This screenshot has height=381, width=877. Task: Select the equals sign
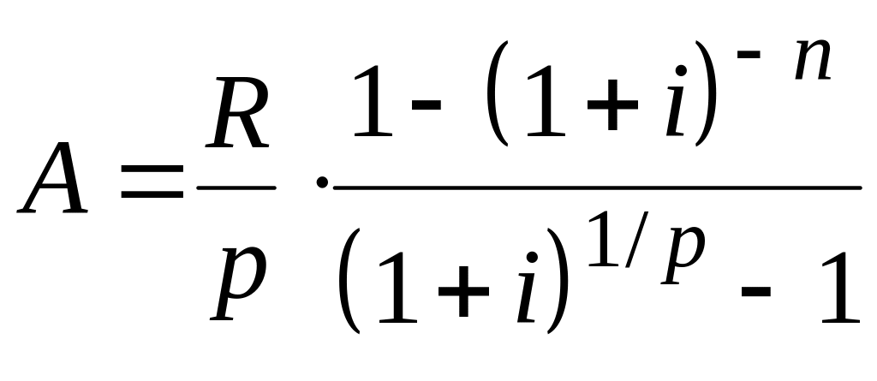(152, 182)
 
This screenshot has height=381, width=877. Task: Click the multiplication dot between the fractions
(322, 182)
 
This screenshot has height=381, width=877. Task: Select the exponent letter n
(811, 64)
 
